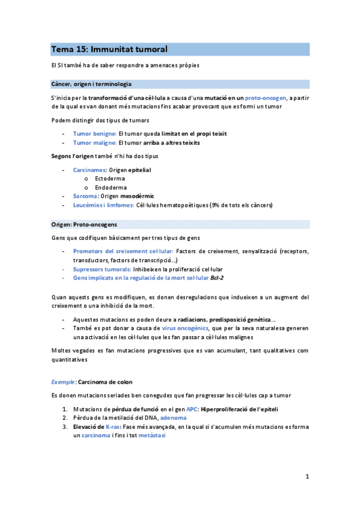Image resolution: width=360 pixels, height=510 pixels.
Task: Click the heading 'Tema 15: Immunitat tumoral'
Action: (x=109, y=49)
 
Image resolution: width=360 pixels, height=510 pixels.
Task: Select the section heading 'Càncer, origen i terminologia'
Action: (x=91, y=84)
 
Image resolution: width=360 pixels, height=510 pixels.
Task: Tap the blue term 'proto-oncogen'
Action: (x=266, y=98)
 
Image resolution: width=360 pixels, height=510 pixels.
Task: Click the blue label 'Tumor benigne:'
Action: (x=94, y=134)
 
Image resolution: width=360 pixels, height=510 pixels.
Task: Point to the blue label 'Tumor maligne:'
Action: (x=94, y=143)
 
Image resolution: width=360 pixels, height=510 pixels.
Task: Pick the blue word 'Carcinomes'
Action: (x=90, y=170)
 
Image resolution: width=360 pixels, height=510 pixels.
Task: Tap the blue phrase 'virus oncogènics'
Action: (x=185, y=328)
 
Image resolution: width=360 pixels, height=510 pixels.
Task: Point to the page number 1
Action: (x=307, y=477)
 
